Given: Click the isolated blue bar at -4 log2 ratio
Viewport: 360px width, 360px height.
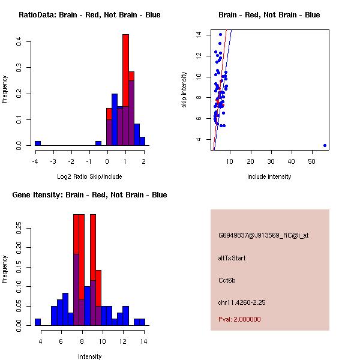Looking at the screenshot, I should coord(38,143).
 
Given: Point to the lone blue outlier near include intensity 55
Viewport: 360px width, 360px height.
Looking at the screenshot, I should coord(325,145).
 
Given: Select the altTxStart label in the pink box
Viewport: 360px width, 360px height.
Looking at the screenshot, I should coord(232,258).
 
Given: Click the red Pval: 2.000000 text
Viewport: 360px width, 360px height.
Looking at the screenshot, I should coord(239,319).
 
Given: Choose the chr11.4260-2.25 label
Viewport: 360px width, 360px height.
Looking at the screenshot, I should coord(242,302).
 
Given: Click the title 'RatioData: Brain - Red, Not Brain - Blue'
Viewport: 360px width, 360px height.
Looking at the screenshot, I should coord(89,15).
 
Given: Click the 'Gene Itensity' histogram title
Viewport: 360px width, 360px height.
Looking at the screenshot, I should coord(89,195).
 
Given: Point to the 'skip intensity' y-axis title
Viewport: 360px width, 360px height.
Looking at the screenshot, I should coord(185,90).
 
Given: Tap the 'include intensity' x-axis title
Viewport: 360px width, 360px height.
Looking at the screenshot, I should coord(269,176).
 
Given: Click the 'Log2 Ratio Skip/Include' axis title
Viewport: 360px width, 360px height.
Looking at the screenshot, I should coord(89,176).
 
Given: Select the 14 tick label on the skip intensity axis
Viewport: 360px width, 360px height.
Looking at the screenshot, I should coord(197,35).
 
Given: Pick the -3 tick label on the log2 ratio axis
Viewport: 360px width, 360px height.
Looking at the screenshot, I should coord(53,161).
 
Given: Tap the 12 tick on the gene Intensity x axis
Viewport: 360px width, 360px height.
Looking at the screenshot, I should coord(123,341).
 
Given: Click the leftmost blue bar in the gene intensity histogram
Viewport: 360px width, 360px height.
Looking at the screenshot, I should coord(38,322).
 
